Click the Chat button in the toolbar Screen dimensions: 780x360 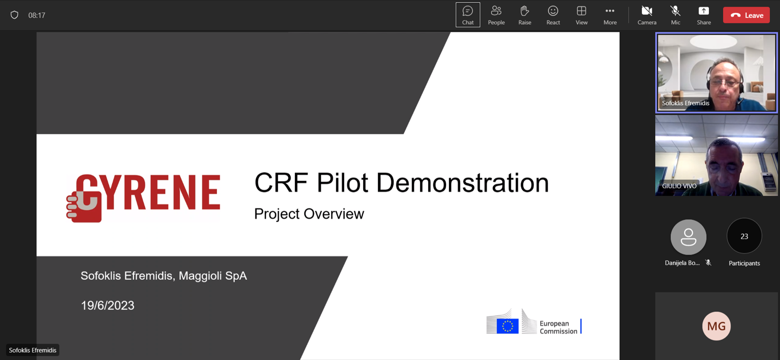click(468, 15)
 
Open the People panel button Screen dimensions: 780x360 click(496, 15)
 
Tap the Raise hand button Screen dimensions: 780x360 click(525, 15)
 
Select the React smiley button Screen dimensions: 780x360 click(553, 15)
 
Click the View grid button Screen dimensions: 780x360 click(582, 15)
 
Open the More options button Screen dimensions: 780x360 click(610, 15)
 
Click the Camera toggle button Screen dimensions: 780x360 click(647, 15)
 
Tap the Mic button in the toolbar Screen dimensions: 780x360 click(676, 15)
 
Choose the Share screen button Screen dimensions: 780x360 click(704, 15)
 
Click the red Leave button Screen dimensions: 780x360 click(746, 15)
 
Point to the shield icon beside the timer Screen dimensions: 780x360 click(14, 15)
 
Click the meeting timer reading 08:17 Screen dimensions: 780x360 click(37, 15)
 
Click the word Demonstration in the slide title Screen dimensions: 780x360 click(463, 182)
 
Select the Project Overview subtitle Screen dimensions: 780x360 click(309, 214)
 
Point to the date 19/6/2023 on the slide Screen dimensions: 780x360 click(108, 305)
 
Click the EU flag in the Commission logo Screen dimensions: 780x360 click(507, 326)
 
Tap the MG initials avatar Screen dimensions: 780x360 click(716, 326)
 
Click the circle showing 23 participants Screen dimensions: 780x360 click(744, 236)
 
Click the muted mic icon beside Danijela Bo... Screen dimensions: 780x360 click(708, 263)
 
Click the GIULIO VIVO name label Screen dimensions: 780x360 click(679, 186)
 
